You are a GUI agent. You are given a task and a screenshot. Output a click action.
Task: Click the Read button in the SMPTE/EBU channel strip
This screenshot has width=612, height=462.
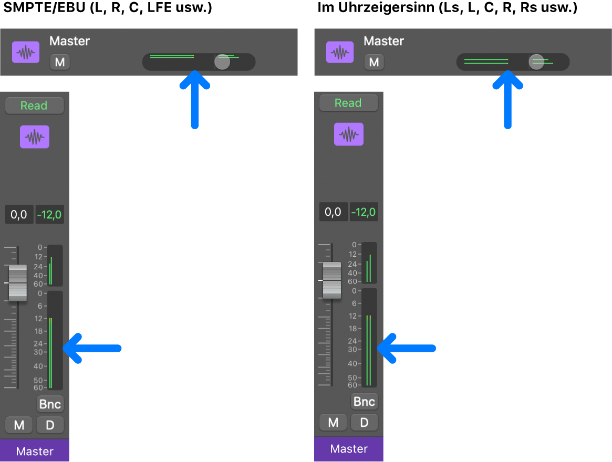pos(34,106)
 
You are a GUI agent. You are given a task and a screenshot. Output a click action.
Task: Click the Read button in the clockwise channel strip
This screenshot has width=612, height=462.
pos(348,103)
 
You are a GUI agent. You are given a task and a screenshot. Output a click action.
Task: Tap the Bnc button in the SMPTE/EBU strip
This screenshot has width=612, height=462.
pos(50,404)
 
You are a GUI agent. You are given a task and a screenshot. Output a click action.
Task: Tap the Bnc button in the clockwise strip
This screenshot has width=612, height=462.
pos(365,402)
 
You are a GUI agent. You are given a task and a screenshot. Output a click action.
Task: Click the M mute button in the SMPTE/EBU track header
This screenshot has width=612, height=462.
pos(60,62)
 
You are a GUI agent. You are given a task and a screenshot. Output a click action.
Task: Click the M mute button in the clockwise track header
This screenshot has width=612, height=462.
pos(374,62)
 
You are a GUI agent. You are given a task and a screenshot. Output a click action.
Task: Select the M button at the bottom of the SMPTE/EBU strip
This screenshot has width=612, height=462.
pos(19,425)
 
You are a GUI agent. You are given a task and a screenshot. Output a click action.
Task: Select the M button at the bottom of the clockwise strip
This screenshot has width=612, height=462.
pos(333,423)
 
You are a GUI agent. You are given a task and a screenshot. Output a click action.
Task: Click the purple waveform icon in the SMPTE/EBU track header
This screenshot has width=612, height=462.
pos(26,52)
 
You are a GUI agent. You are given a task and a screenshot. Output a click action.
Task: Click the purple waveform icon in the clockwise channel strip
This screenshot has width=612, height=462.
pos(348,134)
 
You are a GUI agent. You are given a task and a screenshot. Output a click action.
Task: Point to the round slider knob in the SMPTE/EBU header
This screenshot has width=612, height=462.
pos(222,62)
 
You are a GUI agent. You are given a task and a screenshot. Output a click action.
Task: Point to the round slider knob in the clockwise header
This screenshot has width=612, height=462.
pos(536,62)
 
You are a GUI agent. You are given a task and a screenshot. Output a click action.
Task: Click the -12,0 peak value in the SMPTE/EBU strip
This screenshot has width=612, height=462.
pos(49,215)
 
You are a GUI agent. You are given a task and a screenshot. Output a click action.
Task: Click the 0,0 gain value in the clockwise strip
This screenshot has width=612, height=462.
pos(333,212)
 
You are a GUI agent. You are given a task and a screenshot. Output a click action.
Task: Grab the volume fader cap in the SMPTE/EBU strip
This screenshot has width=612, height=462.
pos(18,283)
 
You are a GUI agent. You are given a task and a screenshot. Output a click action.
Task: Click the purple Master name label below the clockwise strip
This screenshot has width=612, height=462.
pos(349,449)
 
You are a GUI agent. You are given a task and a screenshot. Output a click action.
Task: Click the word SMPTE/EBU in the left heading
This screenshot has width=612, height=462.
pos(45,8)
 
